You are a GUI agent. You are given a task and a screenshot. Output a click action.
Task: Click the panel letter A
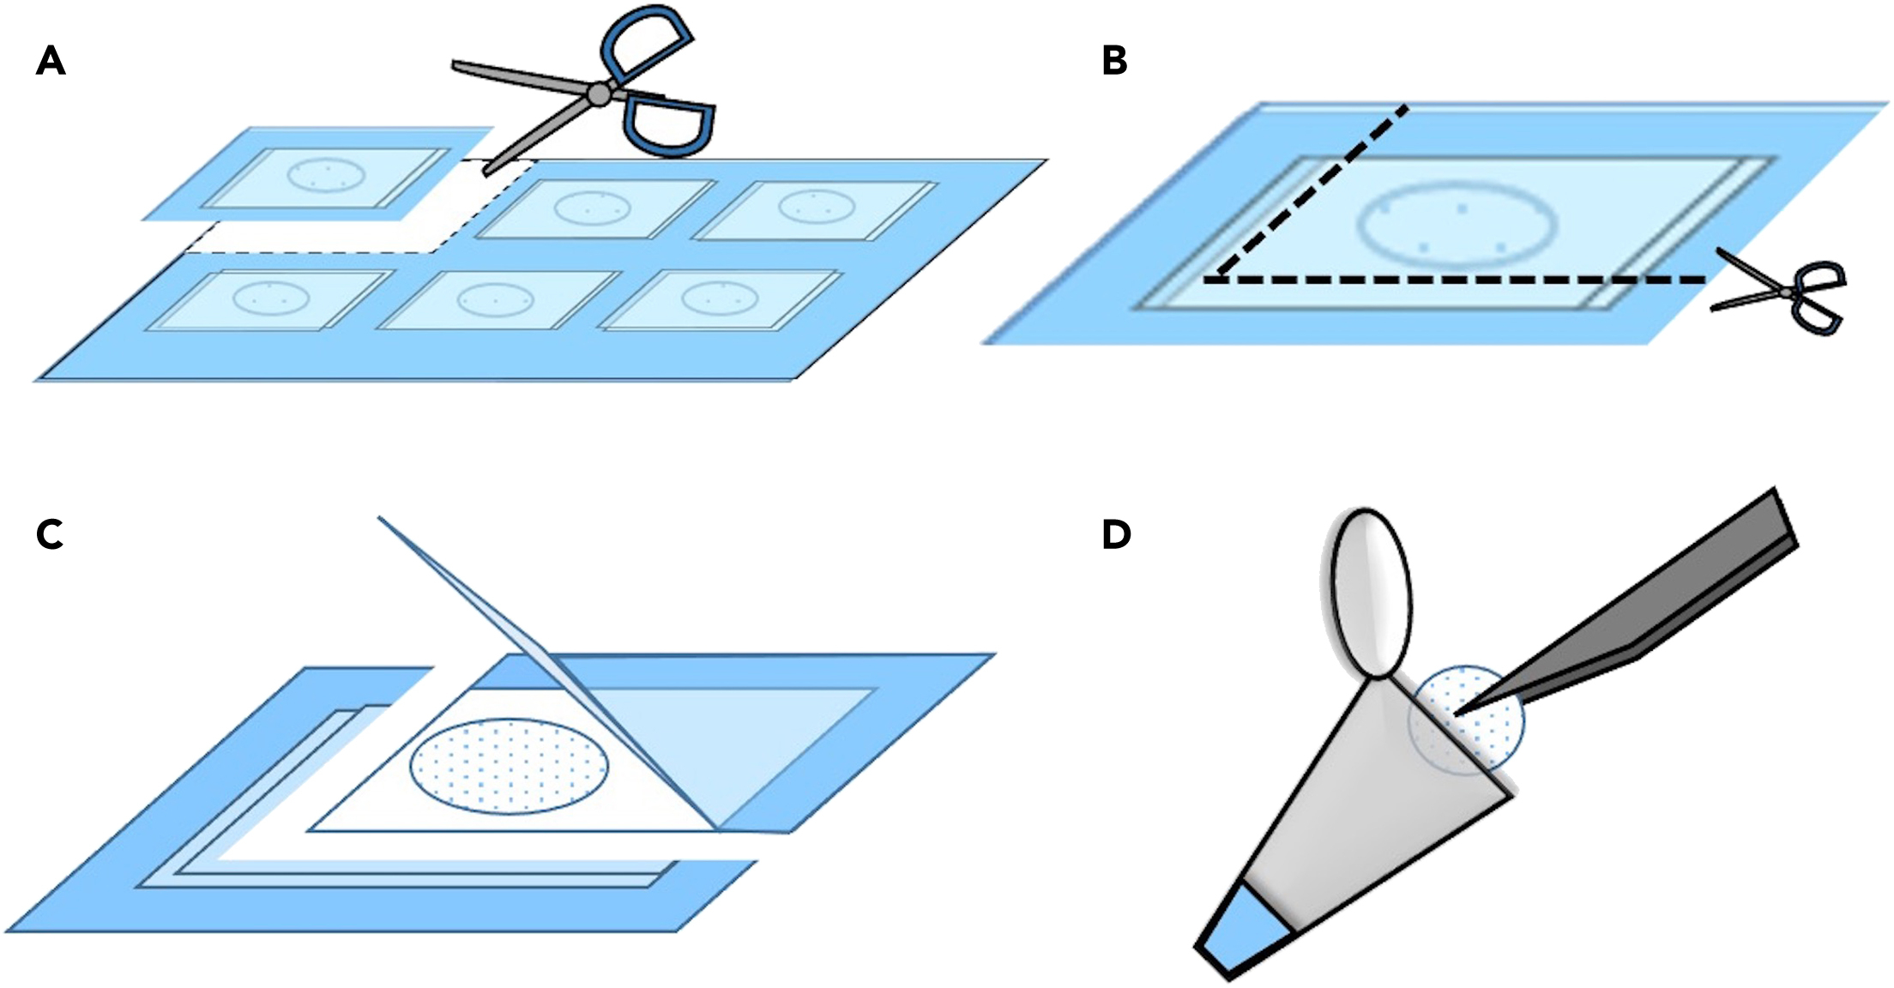[x=51, y=62]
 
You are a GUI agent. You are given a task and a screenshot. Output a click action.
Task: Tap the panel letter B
[x=1113, y=62]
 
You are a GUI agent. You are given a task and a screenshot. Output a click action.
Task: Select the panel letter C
[x=50, y=534]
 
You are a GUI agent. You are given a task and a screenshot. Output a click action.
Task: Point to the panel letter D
[x=1116, y=534]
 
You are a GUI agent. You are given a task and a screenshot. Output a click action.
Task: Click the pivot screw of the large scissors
[x=600, y=94]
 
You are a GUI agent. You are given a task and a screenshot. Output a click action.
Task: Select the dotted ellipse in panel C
[x=510, y=766]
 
